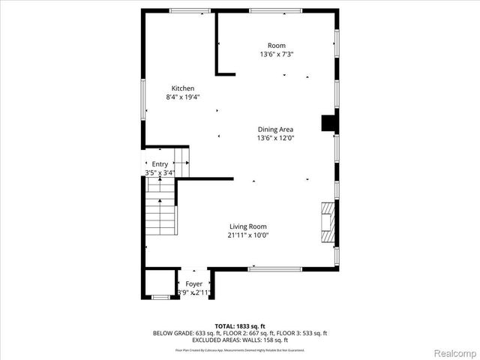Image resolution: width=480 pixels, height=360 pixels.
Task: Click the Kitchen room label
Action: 182,88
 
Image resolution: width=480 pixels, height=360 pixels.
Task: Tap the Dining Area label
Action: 275,129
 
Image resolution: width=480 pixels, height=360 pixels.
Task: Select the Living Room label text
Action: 247,226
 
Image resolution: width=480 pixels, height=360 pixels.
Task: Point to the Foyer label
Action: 194,284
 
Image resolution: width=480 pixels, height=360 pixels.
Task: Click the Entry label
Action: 160,164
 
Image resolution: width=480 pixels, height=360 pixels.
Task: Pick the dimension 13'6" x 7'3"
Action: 277,54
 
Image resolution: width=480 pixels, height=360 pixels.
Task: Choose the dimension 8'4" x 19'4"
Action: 182,97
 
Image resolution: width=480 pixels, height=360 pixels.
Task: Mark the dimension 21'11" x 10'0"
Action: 247,235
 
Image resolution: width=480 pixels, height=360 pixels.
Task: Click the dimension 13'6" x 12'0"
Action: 275,137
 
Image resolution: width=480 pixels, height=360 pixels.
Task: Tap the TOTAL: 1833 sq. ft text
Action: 240,325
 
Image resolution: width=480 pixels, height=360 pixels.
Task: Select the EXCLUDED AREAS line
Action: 240,339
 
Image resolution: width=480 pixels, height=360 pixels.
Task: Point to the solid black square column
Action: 328,123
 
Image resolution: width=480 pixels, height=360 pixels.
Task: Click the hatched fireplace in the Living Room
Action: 328,223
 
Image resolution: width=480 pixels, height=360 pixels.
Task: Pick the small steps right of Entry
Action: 182,162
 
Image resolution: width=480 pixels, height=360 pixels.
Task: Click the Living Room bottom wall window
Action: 274,268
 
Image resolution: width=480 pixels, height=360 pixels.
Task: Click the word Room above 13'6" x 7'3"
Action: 277,46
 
